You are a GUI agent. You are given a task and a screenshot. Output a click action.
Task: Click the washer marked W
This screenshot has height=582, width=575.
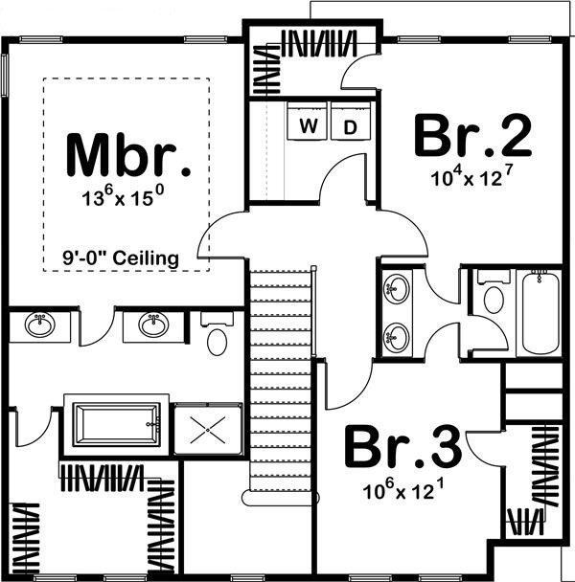(x=309, y=126)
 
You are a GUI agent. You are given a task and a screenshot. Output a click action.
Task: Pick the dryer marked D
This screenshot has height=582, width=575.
(x=350, y=126)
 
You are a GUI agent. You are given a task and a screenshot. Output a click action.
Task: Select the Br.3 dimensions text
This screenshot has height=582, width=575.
(x=402, y=492)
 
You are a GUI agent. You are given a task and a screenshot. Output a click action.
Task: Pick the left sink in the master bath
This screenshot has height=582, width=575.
(x=39, y=325)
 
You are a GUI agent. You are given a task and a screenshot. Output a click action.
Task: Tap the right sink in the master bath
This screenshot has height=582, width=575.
(x=152, y=325)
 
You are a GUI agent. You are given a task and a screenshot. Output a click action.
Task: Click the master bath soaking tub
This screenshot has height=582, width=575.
(x=116, y=422)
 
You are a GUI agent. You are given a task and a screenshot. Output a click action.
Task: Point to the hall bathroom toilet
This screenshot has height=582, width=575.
(x=494, y=299)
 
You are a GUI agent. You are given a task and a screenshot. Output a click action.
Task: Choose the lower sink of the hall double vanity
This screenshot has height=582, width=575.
(x=395, y=336)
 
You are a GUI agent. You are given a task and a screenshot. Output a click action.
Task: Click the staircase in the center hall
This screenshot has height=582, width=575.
(x=282, y=383)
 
